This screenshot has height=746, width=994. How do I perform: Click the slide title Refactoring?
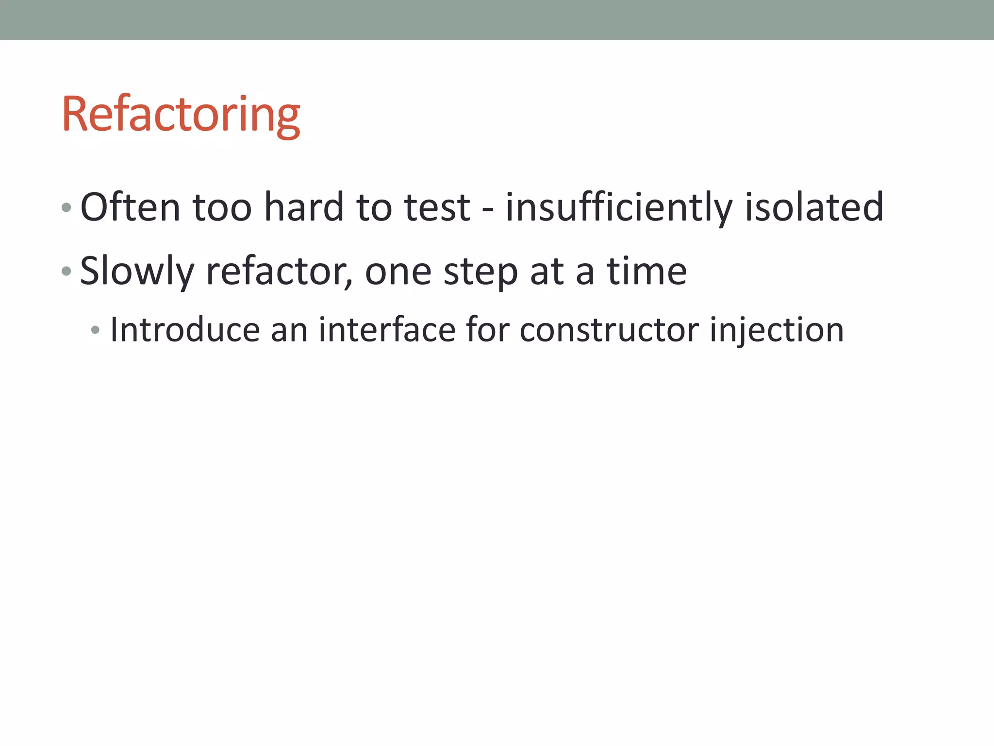point(181,115)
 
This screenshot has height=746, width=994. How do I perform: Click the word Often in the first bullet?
point(130,207)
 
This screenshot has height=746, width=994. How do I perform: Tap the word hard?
point(304,207)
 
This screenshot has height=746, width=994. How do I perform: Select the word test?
point(437,207)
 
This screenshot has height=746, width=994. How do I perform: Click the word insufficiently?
point(618,207)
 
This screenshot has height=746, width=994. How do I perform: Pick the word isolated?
point(814,207)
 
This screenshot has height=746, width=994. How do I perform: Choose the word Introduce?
point(185,330)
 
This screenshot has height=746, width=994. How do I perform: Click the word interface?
point(387,330)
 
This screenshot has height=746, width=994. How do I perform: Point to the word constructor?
point(609,330)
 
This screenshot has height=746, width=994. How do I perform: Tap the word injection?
point(777,330)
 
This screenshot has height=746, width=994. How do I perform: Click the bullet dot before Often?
point(67,208)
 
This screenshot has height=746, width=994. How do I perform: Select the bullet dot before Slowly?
point(67,271)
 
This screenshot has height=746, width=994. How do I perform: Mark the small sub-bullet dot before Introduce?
point(95,330)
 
